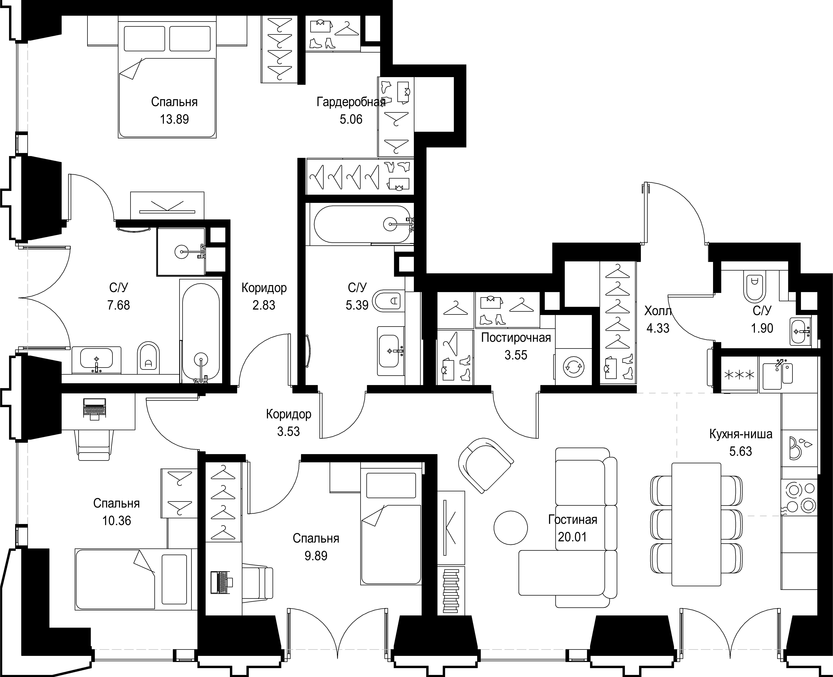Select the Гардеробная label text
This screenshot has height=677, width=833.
coord(351,102)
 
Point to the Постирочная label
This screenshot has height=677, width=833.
coord(516,338)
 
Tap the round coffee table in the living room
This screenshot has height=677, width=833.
coord(510,528)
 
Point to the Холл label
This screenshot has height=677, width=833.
coord(658,311)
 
